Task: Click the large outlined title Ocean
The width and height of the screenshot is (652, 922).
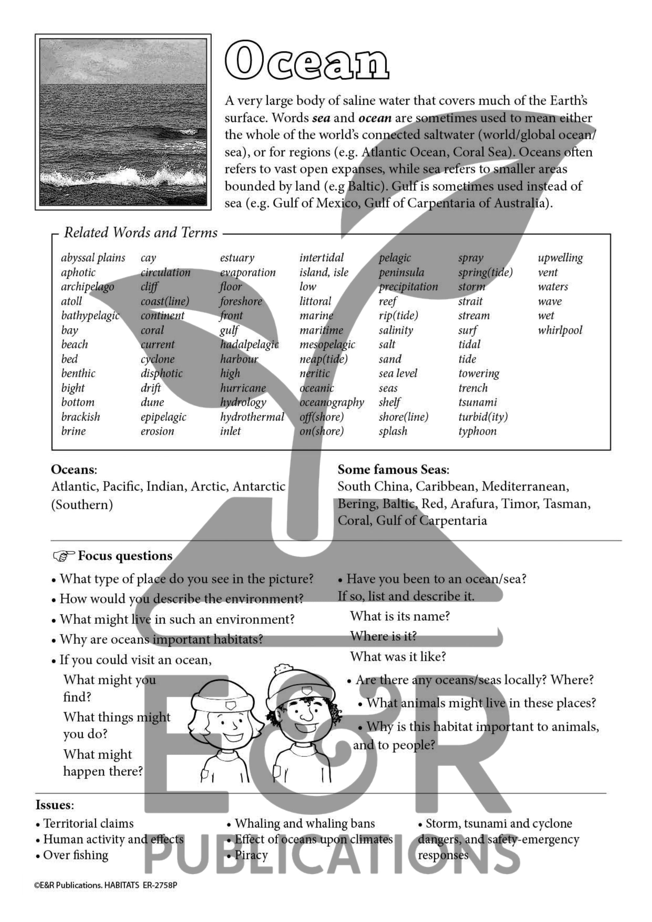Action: tap(307, 61)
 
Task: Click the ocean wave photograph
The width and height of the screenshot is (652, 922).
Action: tap(123, 122)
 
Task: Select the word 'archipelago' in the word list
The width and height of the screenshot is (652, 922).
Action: tap(87, 287)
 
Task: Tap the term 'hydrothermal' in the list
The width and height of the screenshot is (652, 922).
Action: tap(252, 417)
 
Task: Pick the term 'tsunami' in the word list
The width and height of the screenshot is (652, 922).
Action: tap(477, 402)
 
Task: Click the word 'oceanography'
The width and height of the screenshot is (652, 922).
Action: tap(332, 402)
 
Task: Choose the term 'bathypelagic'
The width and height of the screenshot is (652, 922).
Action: tap(90, 316)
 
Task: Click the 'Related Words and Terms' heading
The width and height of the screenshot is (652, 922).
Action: tap(140, 233)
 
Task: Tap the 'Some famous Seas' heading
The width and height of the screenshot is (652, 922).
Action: tap(393, 469)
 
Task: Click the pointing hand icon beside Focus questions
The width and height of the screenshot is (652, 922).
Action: tap(63, 556)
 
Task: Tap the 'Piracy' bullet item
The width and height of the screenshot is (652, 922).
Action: tap(251, 855)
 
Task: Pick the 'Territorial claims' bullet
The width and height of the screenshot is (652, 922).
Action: tap(88, 824)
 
